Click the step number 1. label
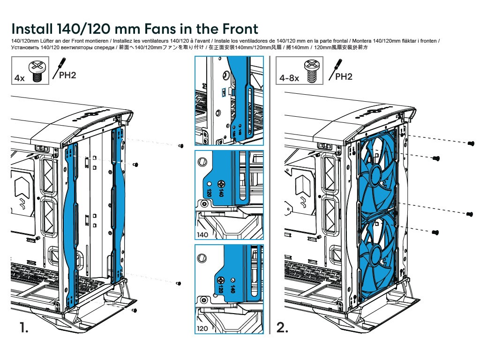click(24, 328)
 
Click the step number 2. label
click(283, 328)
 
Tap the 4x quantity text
click(19, 78)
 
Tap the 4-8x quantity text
click(289, 78)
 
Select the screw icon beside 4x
click(38, 71)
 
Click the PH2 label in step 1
click(67, 75)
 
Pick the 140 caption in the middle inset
click(203, 235)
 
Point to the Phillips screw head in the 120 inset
click(221, 280)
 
